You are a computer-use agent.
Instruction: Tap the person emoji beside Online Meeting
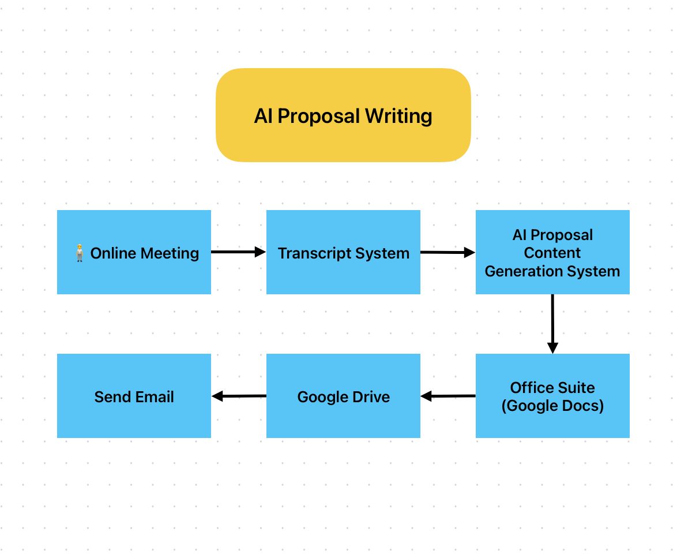click(80, 253)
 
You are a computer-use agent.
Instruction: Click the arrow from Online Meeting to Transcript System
click(238, 252)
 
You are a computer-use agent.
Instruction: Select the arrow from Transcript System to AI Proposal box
click(447, 252)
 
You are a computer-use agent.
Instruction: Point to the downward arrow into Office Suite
click(552, 323)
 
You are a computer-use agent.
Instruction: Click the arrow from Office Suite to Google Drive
click(447, 396)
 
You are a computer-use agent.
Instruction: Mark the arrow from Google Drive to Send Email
click(239, 396)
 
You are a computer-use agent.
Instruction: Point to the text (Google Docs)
click(552, 406)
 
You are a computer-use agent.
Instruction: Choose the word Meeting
click(171, 253)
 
